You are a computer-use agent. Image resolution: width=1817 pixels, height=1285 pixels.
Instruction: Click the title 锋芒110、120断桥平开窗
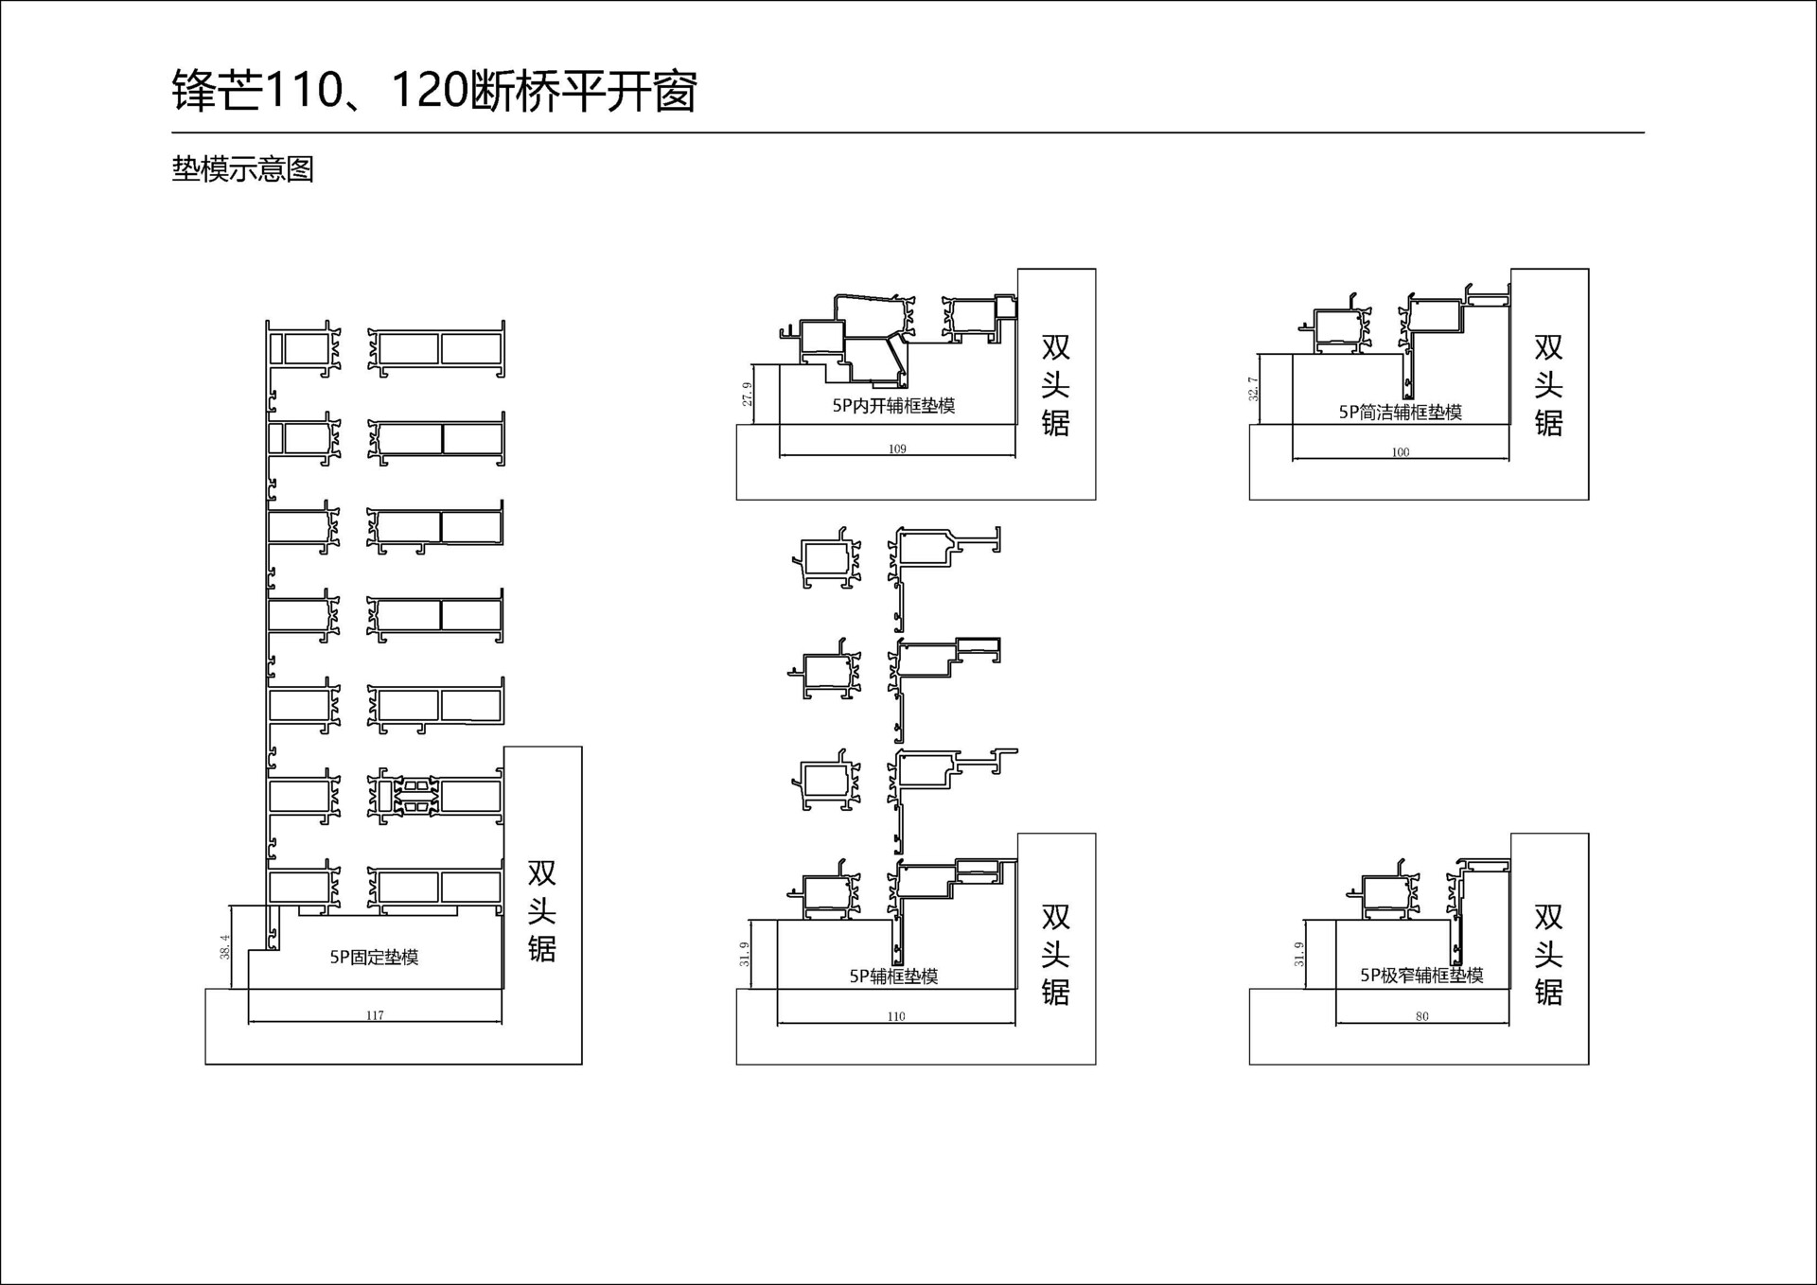point(434,92)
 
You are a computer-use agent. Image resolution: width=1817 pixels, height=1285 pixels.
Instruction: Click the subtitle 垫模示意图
point(242,169)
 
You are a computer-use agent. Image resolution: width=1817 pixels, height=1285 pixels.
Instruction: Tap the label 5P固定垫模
point(374,958)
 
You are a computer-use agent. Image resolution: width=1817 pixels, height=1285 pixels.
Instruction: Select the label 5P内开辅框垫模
point(893,406)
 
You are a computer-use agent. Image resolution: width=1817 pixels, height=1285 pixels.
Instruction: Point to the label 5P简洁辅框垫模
point(1400,412)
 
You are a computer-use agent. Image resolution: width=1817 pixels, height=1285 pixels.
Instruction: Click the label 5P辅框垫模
point(893,976)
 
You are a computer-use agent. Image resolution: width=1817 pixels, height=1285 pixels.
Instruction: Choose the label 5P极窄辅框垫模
point(1421,975)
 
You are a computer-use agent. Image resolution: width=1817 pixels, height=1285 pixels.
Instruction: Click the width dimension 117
point(375,1015)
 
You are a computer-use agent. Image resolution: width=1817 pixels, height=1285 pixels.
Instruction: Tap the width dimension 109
point(897,449)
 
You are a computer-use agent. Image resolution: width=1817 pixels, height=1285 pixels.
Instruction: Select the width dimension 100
point(1401,452)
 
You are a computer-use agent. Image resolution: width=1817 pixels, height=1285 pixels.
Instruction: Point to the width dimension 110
point(896,1016)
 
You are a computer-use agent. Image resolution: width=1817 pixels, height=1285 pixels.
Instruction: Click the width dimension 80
point(1422,1016)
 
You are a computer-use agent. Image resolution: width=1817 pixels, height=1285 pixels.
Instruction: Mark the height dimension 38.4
point(225,947)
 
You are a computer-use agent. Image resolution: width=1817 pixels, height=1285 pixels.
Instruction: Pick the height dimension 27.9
point(748,395)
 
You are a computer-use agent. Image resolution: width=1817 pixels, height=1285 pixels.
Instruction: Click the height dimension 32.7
point(1254,389)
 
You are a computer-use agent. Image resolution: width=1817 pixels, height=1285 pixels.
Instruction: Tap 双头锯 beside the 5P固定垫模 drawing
point(541,910)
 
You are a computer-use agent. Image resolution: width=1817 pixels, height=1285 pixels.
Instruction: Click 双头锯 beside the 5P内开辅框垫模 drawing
point(1055,385)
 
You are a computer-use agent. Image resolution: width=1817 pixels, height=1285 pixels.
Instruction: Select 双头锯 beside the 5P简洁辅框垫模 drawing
point(1548,385)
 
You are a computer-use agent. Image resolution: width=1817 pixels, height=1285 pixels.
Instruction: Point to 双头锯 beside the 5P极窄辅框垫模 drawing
point(1548,955)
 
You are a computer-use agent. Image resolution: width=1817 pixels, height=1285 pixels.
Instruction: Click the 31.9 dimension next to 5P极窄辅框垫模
point(1299,955)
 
